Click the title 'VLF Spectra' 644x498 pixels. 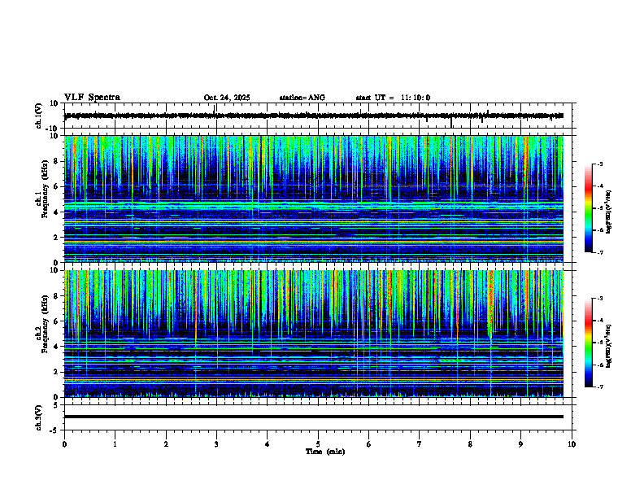92,98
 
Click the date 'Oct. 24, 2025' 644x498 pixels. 227,98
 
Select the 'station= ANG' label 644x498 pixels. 302,98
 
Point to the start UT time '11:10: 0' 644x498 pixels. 415,98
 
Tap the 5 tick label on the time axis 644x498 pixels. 318,443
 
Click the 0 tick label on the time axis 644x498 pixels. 64,443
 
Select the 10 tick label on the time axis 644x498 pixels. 572,443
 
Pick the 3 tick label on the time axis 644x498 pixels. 216,443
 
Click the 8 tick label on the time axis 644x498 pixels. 470,443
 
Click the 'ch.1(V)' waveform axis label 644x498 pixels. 38,116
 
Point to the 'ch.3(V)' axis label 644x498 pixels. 38,416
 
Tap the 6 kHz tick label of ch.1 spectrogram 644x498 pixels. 55,186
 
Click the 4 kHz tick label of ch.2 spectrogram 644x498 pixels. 55,346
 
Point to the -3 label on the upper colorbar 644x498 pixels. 601,164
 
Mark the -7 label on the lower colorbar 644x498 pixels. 601,387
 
